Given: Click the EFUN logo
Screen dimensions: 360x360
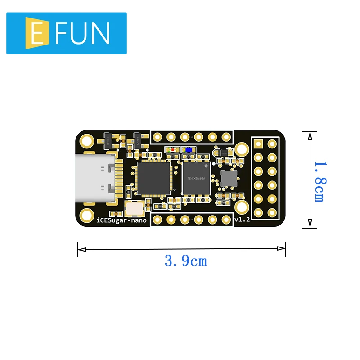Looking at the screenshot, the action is pos(67,33).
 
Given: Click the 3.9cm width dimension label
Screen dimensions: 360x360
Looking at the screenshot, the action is pos(186,261).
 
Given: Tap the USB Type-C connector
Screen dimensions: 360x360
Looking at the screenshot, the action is pos(94,178).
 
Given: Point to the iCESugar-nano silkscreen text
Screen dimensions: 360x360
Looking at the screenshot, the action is pos(121,220).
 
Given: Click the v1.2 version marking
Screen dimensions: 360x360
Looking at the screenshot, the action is pos(242,220).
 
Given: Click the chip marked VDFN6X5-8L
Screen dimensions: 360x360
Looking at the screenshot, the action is pos(197,178).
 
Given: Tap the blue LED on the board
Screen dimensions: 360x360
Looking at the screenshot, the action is pos(188,149).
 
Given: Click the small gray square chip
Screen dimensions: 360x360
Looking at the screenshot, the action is pos(228,179).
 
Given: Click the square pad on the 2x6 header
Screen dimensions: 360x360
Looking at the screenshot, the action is pos(258,144).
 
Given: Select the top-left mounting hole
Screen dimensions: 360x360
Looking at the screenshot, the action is pos(86,141).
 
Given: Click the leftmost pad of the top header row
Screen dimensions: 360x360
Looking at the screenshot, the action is pos(157,137).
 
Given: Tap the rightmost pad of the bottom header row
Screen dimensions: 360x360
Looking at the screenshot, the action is pos(226,220).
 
